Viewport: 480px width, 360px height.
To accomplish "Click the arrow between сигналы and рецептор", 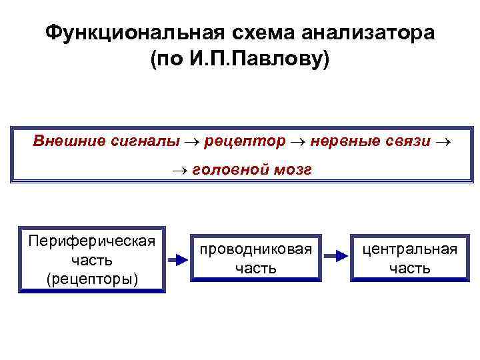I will pyautogui.click(x=193, y=142).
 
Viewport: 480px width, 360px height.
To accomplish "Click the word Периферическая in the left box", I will pyautogui.click(x=92, y=240).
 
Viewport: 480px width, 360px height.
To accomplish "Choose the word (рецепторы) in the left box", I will pyautogui.click(x=92, y=277).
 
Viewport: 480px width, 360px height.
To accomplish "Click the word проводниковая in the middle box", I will pyautogui.click(x=255, y=249).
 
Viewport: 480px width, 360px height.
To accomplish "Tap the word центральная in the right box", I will pyautogui.click(x=409, y=249).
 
